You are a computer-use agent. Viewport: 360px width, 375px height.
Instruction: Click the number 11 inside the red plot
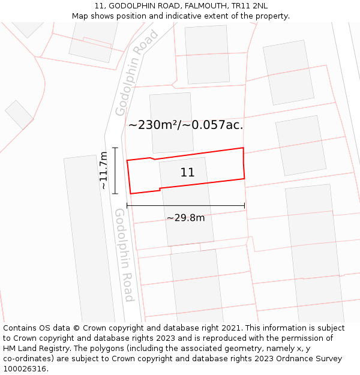click(187, 173)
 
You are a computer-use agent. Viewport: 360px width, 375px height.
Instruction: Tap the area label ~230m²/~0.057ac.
click(185, 125)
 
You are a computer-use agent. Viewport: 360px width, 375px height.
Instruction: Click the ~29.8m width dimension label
click(185, 218)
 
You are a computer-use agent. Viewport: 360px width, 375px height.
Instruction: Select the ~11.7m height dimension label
click(103, 170)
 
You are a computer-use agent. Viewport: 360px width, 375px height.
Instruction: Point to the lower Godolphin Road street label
click(124, 255)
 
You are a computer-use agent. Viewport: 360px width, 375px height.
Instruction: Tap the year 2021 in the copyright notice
click(232, 328)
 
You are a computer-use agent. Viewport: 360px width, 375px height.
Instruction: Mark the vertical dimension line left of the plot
click(115, 170)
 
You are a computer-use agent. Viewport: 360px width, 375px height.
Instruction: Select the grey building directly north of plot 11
click(172, 122)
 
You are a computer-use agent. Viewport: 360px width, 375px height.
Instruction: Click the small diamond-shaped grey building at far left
click(19, 115)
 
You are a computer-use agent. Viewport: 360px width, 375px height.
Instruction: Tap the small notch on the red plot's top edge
click(153, 158)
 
